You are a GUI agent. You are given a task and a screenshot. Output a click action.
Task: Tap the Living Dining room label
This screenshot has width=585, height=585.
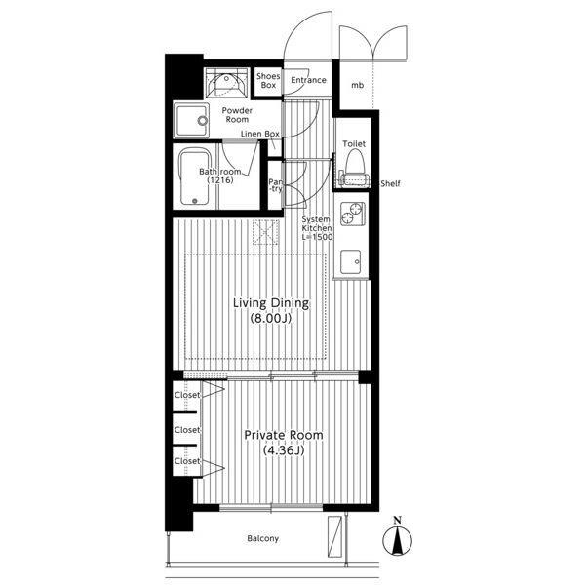click(x=271, y=303)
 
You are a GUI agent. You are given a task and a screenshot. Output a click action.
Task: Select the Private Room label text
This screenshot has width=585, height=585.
click(x=284, y=435)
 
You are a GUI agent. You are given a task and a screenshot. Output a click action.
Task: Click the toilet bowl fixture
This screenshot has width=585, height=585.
click(x=355, y=167)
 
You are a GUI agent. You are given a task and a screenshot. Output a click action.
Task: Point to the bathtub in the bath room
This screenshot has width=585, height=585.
click(x=194, y=176)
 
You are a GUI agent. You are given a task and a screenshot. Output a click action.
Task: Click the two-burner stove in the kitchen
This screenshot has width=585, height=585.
click(x=352, y=214)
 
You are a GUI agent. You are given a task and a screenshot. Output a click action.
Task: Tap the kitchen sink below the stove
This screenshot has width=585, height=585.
click(x=351, y=262)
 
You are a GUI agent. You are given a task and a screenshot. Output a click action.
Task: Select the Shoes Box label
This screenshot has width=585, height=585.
click(x=268, y=81)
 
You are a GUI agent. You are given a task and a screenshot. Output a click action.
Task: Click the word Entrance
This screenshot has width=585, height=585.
click(x=308, y=80)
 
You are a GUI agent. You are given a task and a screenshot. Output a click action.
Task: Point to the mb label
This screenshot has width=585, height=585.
click(x=358, y=86)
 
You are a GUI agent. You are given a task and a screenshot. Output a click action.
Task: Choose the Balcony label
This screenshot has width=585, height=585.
click(x=262, y=539)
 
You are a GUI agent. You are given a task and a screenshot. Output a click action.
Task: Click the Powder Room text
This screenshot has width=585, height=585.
click(x=237, y=115)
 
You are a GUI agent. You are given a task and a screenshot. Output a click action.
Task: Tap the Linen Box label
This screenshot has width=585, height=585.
click(x=260, y=134)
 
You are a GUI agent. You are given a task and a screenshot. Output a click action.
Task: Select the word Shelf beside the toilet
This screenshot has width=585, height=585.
click(x=390, y=183)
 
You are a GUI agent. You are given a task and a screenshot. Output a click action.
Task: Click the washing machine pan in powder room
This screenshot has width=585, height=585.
click(x=191, y=121)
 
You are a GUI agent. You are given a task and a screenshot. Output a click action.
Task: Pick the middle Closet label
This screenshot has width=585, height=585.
click(x=187, y=430)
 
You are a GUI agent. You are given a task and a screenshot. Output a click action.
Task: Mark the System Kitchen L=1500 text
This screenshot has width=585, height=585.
click(x=317, y=228)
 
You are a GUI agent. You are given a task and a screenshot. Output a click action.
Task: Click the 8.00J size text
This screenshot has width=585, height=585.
click(x=271, y=318)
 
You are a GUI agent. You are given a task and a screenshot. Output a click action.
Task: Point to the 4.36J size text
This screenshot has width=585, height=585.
click(x=284, y=450)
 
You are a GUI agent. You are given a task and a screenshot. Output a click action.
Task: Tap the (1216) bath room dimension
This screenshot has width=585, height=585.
click(x=220, y=180)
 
